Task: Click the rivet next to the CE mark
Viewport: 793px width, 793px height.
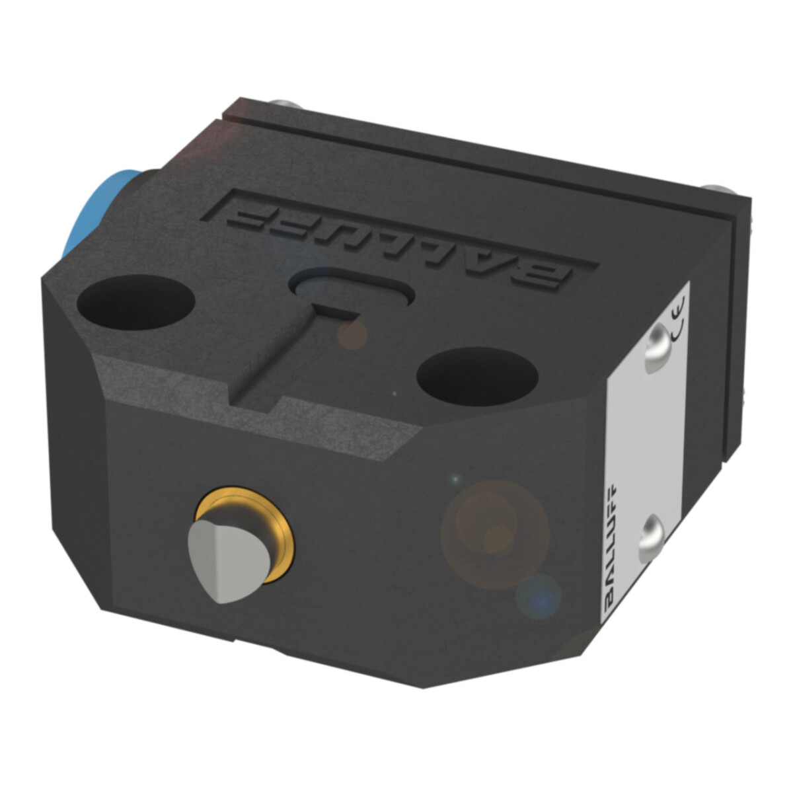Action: tap(656, 344)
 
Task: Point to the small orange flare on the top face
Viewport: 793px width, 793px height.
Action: tap(352, 334)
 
